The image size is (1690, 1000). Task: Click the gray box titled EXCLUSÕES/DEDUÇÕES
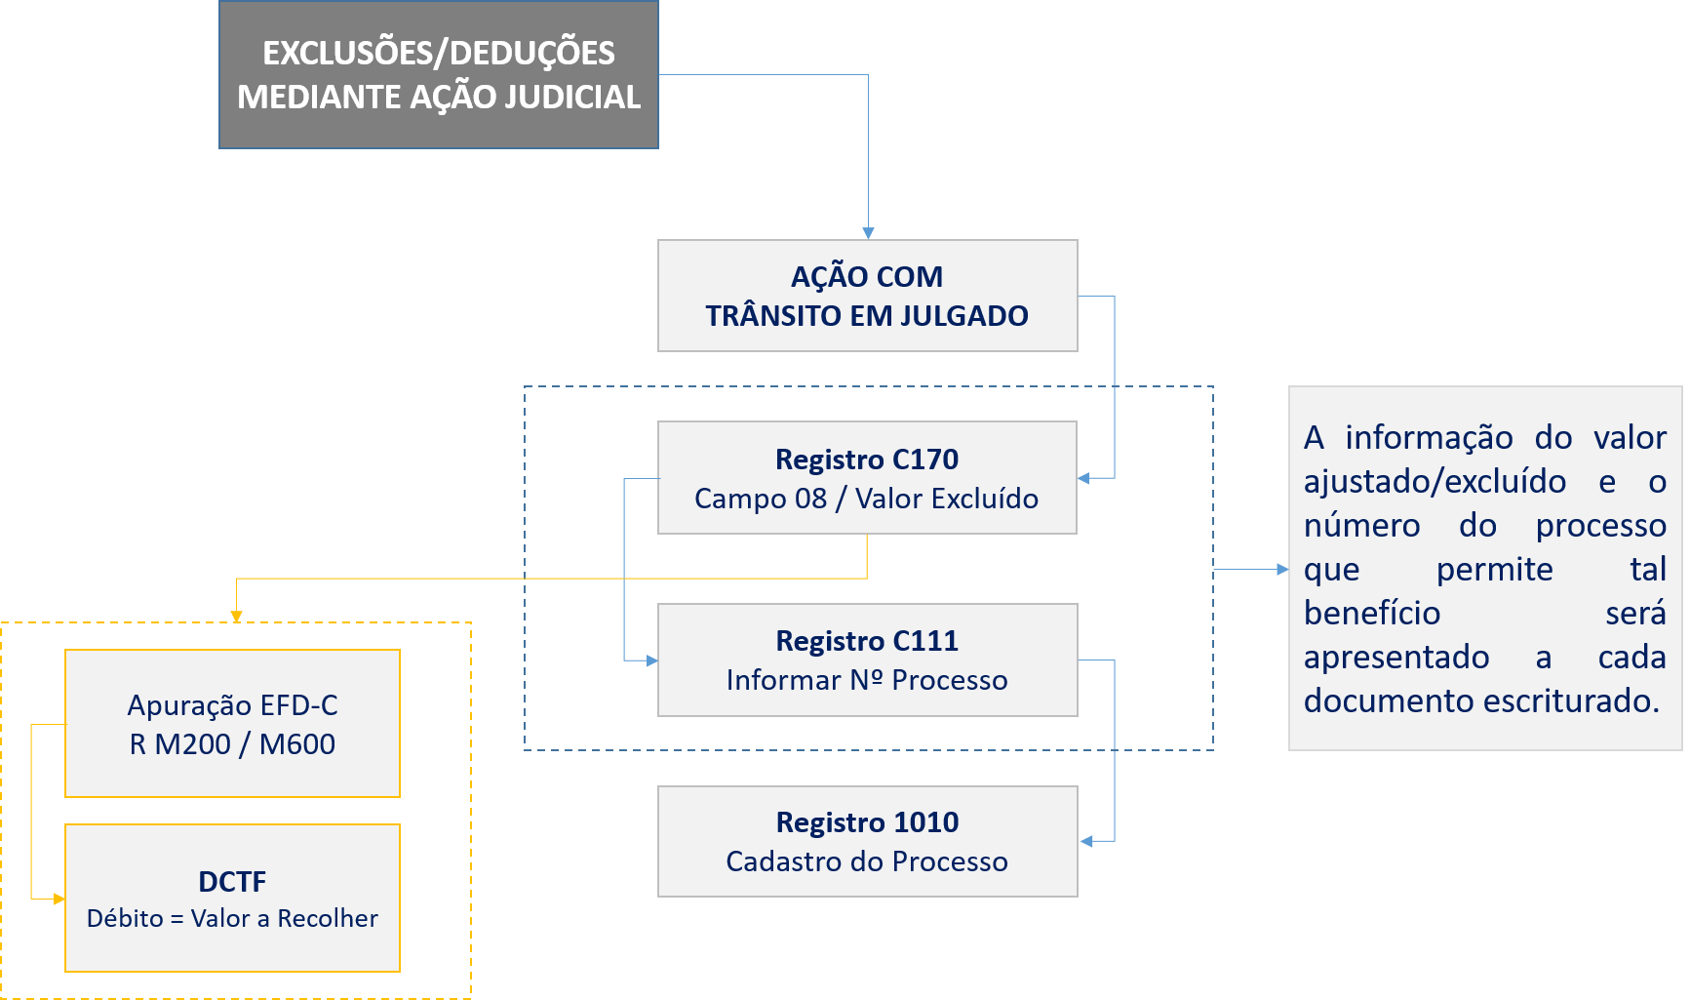pyautogui.click(x=439, y=75)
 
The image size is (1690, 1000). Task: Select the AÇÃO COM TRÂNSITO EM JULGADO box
pyautogui.click(x=867, y=296)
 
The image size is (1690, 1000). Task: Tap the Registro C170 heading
pyautogui.click(x=867, y=459)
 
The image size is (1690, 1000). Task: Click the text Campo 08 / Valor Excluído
pyautogui.click(x=866, y=499)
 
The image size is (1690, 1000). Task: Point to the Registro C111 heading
pyautogui.click(x=867, y=641)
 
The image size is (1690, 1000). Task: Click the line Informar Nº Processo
pyautogui.click(x=867, y=680)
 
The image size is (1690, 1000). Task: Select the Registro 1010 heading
pyautogui.click(x=867, y=822)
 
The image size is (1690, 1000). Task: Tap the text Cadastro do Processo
pyautogui.click(x=867, y=861)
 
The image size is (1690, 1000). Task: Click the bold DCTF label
pyautogui.click(x=232, y=882)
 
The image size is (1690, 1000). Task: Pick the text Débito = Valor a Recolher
pyautogui.click(x=232, y=918)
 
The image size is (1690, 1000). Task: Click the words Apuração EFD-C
pyautogui.click(x=232, y=705)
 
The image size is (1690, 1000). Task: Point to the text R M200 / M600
pyautogui.click(x=232, y=744)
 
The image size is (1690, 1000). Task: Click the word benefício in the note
pyautogui.click(x=1372, y=614)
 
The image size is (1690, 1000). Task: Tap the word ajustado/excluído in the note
pyautogui.click(x=1435, y=482)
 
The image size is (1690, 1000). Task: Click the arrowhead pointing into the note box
pyautogui.click(x=1282, y=569)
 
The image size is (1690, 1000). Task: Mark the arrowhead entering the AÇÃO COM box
pyautogui.click(x=868, y=233)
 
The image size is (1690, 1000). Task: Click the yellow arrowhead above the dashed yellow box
pyautogui.click(x=236, y=617)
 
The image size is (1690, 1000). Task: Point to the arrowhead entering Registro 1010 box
pyautogui.click(x=1085, y=841)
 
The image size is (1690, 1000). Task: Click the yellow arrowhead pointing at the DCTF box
pyautogui.click(x=59, y=899)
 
